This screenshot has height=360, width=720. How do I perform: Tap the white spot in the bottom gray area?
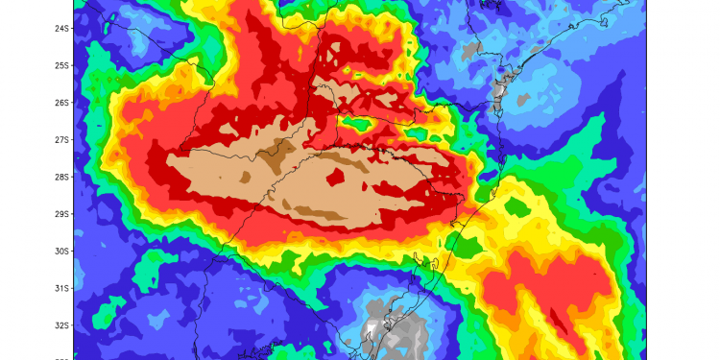pyautogui.click(x=370, y=332)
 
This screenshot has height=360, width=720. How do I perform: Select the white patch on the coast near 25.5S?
pyautogui.click(x=499, y=85)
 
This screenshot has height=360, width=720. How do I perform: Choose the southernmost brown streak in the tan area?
pyautogui.click(x=317, y=211)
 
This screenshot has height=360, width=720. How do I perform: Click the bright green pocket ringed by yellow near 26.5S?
pyautogui.click(x=359, y=123)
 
